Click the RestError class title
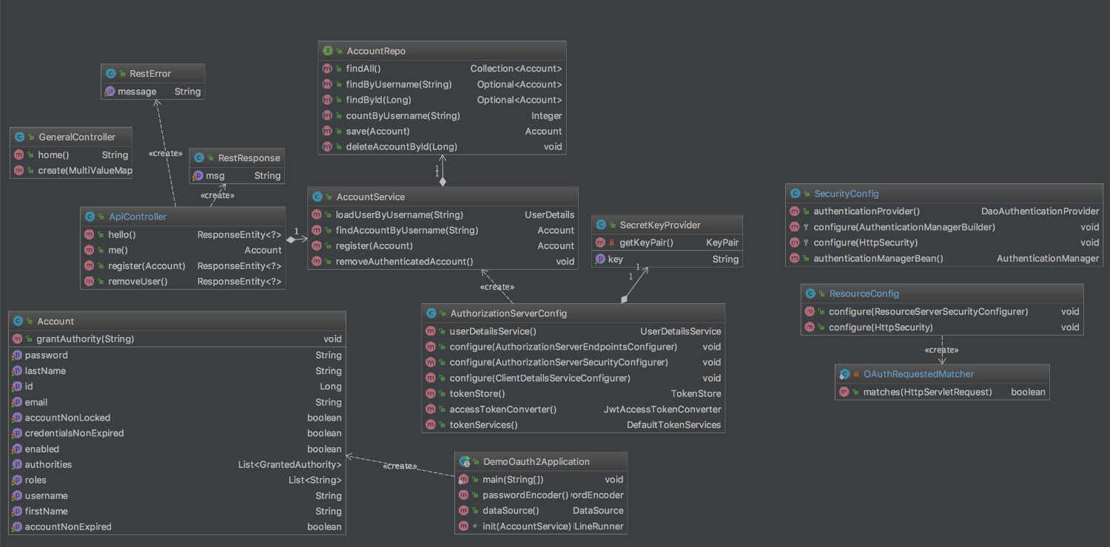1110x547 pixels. [149, 74]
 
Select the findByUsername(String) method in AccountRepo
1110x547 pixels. [398, 84]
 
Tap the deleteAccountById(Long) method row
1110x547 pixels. [401, 146]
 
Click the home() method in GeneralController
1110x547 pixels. [53, 155]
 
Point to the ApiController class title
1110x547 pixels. [138, 217]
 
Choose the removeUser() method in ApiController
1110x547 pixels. [138, 281]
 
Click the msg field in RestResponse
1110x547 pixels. [215, 176]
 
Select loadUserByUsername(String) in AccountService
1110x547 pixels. [399, 215]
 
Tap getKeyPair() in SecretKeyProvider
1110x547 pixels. [646, 242]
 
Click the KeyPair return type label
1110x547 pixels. [722, 242]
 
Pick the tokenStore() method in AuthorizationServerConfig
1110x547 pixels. [477, 393]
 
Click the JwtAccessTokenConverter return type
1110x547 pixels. [662, 409]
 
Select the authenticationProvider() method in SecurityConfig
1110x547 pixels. [867, 211]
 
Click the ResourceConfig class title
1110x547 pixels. [864, 293]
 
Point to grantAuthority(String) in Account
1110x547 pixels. [85, 339]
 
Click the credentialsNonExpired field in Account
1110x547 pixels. [74, 433]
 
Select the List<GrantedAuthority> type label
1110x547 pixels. [290, 464]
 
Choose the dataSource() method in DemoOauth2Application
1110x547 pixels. [511, 510]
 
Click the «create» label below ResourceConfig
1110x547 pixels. [941, 350]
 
